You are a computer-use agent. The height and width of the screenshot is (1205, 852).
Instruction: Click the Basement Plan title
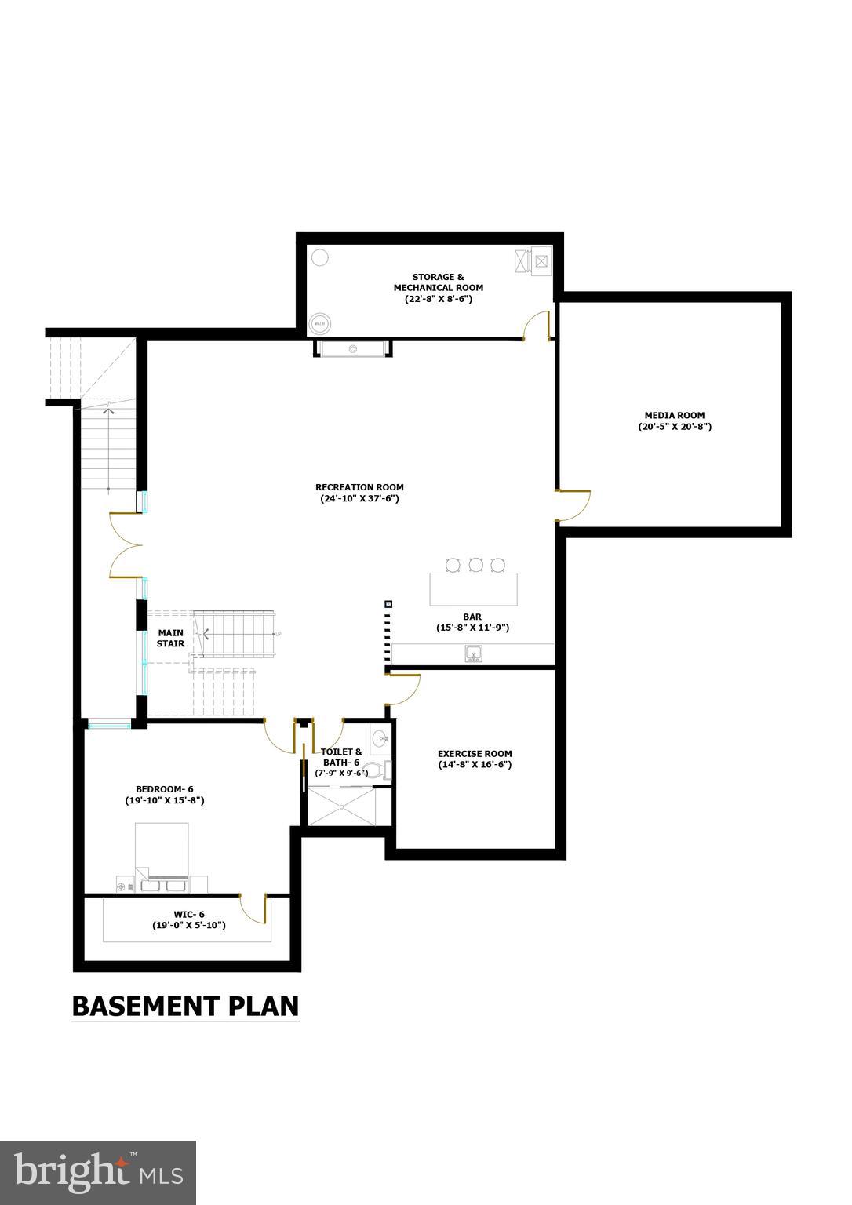[x=185, y=1006]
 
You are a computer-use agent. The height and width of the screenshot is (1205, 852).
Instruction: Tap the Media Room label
[x=674, y=416]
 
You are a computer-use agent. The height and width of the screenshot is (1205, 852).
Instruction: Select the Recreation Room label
[x=359, y=487]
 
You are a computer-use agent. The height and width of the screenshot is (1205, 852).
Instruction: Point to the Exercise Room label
[x=475, y=754]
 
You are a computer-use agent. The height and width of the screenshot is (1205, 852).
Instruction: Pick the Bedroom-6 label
[x=164, y=789]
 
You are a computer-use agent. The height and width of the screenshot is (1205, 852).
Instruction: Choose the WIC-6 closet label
[x=189, y=914]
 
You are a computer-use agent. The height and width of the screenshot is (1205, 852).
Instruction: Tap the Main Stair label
[x=170, y=638]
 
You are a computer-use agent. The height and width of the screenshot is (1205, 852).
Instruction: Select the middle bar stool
[x=475, y=564]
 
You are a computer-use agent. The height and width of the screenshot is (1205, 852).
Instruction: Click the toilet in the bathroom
[x=378, y=770]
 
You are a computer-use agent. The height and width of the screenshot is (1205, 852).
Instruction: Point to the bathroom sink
[x=380, y=738]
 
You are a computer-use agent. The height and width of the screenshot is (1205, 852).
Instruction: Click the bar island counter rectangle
[x=473, y=589]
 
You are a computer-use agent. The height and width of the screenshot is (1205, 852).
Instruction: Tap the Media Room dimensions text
[x=674, y=428]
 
